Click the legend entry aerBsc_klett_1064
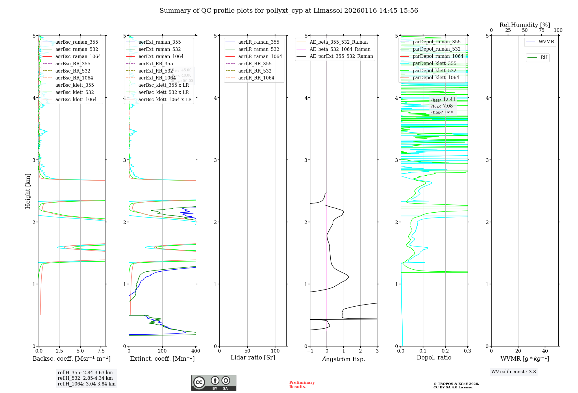(76, 99)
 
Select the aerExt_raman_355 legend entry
(160, 42)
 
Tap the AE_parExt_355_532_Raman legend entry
(341, 56)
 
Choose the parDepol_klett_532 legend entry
(434, 71)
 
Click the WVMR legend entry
(546, 42)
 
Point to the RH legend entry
(544, 58)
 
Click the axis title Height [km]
(28, 191)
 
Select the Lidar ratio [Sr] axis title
(253, 357)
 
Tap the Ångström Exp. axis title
(344, 359)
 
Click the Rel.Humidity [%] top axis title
(525, 25)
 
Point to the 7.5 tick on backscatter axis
(101, 351)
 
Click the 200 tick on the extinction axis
(162, 351)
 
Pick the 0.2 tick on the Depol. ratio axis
(445, 351)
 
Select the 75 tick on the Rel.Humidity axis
(541, 30)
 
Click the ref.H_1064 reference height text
(86, 384)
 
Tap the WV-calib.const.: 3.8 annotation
(514, 372)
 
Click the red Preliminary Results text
(302, 384)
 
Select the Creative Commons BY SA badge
(214, 383)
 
